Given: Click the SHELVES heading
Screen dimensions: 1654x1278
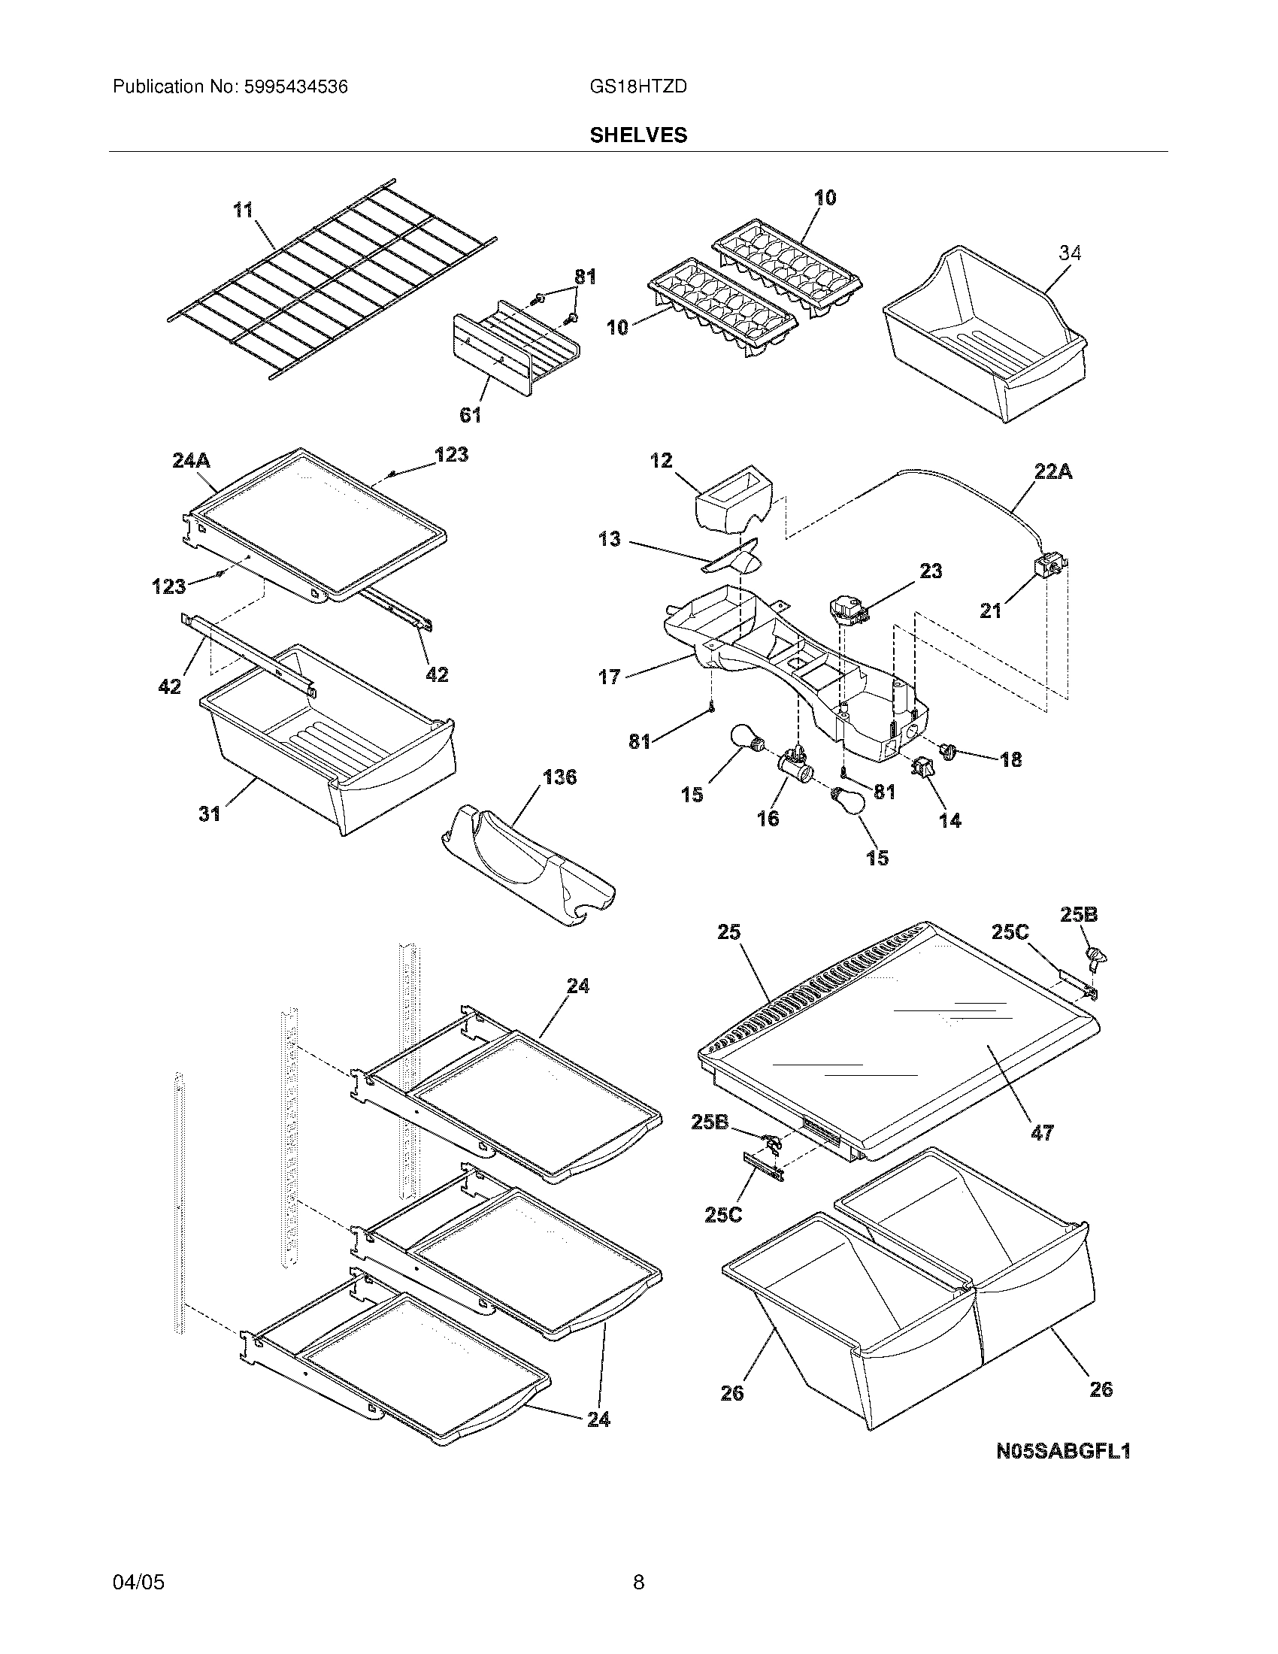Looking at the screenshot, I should [x=638, y=135].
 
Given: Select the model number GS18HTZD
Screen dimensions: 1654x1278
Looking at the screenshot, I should [x=637, y=87].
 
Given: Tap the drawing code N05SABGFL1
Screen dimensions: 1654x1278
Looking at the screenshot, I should [x=1062, y=1451].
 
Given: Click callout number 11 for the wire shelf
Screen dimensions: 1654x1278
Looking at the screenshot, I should [x=243, y=210].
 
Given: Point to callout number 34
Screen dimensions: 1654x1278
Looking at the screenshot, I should [x=1069, y=253].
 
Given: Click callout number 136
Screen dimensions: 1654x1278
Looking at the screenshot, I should [x=559, y=777].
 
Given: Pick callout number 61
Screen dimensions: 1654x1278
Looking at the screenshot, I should [x=470, y=414].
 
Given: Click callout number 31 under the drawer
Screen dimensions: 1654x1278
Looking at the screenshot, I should [x=209, y=813].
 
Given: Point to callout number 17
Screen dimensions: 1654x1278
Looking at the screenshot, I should [x=610, y=677].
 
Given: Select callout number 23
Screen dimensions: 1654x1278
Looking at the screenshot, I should [x=930, y=571].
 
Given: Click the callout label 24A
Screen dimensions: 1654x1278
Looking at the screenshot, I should [x=191, y=459].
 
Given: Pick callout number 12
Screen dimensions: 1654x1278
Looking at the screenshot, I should [x=661, y=460].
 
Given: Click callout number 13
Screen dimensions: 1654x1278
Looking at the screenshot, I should [x=609, y=539].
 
